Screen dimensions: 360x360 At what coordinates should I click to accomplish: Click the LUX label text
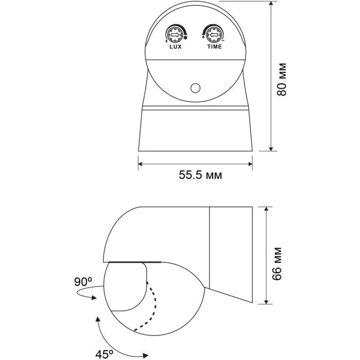176,47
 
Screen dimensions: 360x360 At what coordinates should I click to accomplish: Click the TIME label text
214,47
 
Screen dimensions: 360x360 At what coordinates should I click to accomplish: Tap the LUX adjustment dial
174,35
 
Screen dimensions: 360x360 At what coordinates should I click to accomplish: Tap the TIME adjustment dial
213,35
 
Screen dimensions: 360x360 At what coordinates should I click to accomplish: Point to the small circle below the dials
195,88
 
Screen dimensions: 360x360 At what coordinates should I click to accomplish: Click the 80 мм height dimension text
282,79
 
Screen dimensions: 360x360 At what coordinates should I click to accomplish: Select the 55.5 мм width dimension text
201,175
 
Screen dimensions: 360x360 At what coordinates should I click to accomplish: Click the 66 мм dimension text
277,264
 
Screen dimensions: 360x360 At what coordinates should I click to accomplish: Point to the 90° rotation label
83,282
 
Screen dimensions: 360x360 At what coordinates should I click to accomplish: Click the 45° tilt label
104,354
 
